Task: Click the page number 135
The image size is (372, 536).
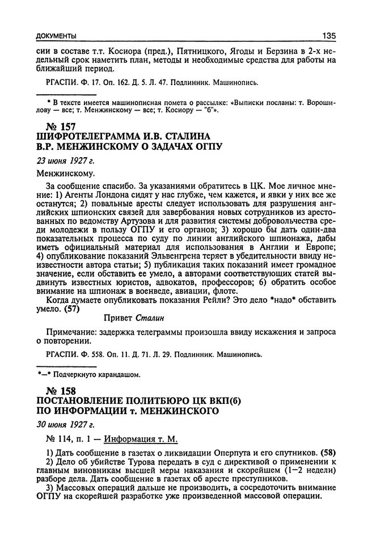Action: (328, 36)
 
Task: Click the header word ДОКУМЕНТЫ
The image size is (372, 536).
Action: (56, 36)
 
